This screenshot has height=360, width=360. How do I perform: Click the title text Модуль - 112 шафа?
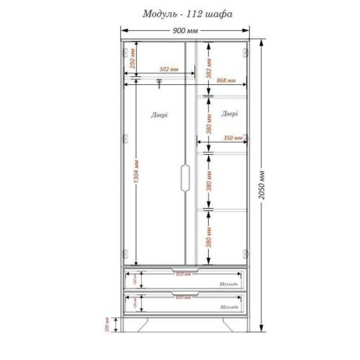click(x=187, y=14)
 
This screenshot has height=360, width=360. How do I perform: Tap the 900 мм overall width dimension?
click(x=185, y=31)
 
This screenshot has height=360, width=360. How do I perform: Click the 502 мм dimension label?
click(x=169, y=70)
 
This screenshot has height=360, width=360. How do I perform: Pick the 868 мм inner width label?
click(x=226, y=81)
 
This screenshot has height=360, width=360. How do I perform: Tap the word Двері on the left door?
click(x=159, y=115)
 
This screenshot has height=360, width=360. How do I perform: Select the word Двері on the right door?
click(x=229, y=114)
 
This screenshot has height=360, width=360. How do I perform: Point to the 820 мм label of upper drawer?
click(x=184, y=274)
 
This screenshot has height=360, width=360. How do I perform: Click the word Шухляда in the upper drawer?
click(x=230, y=284)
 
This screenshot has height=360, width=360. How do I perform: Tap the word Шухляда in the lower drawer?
click(x=230, y=307)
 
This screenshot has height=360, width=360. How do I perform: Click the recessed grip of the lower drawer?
click(x=185, y=295)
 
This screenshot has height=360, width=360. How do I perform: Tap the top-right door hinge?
click(x=245, y=53)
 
